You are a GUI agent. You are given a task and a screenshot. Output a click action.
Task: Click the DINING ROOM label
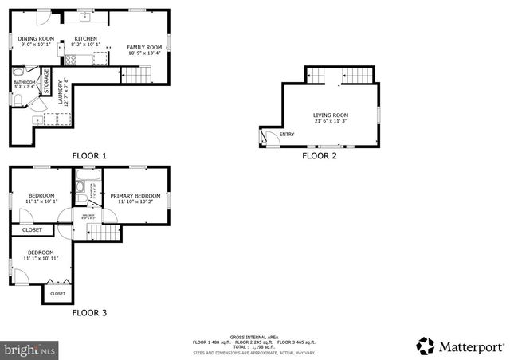[37, 38]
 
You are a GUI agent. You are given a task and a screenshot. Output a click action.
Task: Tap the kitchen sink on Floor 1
[83, 15]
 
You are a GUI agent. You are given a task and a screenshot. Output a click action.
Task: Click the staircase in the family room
[135, 75]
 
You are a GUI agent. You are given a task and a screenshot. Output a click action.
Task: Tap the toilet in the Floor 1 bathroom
[18, 99]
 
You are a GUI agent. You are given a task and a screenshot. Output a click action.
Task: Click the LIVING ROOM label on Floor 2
[330, 115]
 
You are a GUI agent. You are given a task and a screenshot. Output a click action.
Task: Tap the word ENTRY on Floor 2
[287, 134]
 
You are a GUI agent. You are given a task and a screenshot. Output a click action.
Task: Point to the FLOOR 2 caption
[319, 156]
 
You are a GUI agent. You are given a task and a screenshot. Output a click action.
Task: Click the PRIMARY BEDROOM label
[135, 196]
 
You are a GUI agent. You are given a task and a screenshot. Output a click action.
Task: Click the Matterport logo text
[469, 346]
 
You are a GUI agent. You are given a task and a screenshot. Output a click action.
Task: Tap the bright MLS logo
[29, 349]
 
